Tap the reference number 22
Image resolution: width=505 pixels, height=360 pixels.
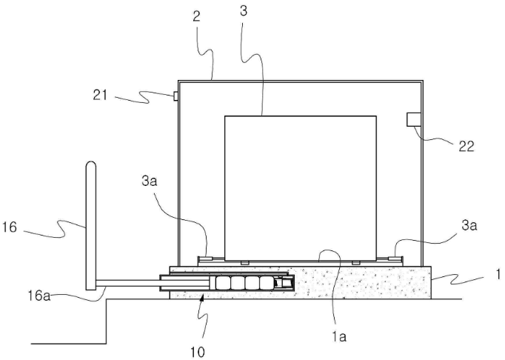tap(466, 147)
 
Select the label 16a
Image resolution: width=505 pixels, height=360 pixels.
tap(39, 296)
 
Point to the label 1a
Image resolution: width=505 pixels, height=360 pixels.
tap(339, 337)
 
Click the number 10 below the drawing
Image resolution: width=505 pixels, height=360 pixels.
tap(198, 353)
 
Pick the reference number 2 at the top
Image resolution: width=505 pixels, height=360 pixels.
tap(196, 16)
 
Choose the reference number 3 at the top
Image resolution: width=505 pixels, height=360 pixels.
tap(244, 11)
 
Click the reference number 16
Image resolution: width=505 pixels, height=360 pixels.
tap(10, 227)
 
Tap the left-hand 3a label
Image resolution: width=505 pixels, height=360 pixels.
tap(149, 181)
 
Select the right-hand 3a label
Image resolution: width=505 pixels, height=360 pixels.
tap(469, 226)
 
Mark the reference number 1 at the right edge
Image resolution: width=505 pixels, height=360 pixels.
tap(498, 275)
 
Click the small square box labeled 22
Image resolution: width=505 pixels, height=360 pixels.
tap(414, 119)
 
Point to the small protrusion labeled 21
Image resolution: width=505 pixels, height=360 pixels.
tap(175, 96)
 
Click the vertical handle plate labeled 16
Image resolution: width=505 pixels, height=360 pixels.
tap(90, 226)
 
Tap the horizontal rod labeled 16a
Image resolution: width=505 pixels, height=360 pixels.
tap(128, 283)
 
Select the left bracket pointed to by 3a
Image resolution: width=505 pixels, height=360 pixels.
tap(205, 259)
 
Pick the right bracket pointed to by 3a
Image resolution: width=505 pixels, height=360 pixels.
tap(395, 259)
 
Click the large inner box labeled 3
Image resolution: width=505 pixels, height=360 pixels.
tap(301, 188)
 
